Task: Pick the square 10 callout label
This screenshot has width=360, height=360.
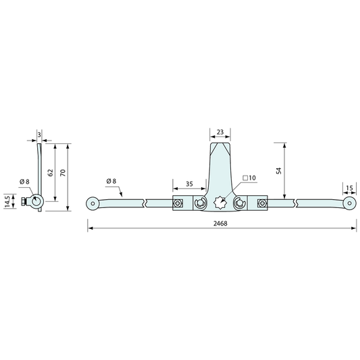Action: [249, 178]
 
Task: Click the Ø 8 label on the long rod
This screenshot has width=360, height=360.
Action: [112, 181]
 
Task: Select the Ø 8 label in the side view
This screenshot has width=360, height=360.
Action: [24, 181]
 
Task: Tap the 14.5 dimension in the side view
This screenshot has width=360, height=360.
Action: [7, 201]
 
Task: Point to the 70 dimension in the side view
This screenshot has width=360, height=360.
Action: [63, 173]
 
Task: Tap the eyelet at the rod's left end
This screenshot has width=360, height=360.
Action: [93, 203]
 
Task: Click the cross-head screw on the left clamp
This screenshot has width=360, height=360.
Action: [178, 203]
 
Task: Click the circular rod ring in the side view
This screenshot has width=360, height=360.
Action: [36, 201]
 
